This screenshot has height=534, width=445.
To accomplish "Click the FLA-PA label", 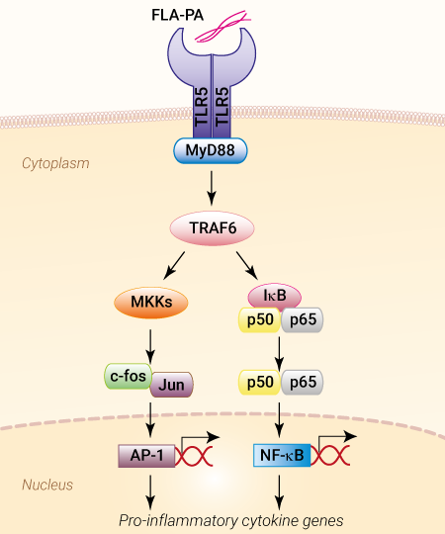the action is coord(177,15).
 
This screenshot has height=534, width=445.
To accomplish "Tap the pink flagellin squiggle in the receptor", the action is coord(223,27).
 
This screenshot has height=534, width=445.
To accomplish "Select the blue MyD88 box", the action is coord(211,150).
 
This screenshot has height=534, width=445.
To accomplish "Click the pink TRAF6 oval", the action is coord(212,228).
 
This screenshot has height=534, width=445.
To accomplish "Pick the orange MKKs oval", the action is coord(151,302).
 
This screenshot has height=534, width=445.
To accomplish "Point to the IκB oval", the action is coord(275,296).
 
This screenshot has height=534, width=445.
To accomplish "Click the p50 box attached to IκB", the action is coord(260,319).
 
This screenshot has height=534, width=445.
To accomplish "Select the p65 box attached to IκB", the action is coord(303,319).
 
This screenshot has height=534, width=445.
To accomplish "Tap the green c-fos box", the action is coord(128,376).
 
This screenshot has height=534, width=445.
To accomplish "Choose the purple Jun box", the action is coord(172,385).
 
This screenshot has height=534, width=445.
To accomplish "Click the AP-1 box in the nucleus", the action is coord(146,456).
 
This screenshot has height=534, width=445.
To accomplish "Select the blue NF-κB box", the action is coord(282,455).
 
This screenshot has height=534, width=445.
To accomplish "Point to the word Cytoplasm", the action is coord(55,164).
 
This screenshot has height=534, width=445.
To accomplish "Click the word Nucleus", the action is coord(47,485).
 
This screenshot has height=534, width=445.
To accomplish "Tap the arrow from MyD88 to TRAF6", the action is coord(212,188).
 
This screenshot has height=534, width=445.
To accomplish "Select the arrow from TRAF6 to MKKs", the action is coord(174,266).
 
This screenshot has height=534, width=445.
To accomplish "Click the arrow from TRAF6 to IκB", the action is coord(247,266).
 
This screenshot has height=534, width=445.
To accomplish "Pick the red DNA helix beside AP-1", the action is coord(194,456).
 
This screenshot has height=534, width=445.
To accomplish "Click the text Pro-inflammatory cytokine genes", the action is coord(230,521).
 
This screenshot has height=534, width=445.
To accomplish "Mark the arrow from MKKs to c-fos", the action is coord(150,346).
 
